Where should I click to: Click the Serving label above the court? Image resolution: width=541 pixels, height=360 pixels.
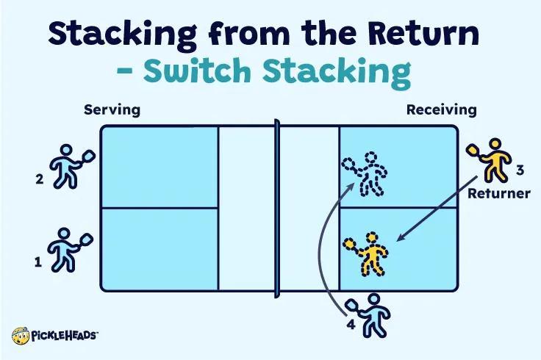(111, 110)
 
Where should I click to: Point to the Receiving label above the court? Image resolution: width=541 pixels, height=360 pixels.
(442, 110)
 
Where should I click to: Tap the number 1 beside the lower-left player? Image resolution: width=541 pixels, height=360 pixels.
(37, 260)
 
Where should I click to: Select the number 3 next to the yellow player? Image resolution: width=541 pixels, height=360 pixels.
(519, 170)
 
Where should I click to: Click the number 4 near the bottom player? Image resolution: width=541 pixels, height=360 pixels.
(351, 321)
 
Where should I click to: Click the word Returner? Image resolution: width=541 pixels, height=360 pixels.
(499, 194)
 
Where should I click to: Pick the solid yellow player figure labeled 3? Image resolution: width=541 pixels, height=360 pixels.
(490, 159)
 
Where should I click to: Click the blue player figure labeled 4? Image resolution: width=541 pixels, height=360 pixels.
(376, 315)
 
